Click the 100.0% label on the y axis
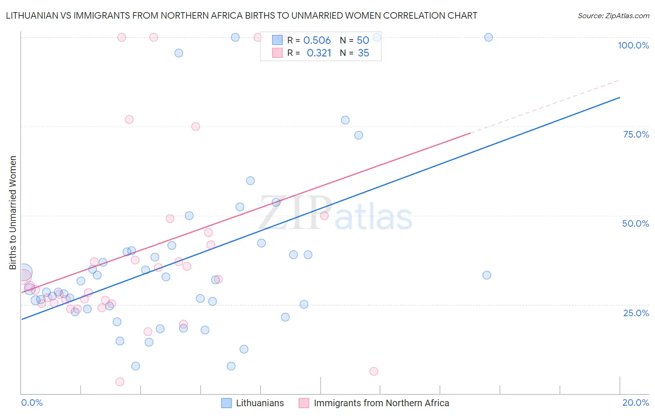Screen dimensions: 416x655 tap(633, 45)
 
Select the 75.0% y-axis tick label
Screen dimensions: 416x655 tap(636, 134)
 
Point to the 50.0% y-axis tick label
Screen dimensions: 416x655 tap(635, 223)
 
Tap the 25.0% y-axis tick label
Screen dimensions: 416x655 tap(636, 313)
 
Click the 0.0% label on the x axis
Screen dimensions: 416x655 tap(32, 402)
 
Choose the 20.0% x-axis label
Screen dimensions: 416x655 tap(635, 402)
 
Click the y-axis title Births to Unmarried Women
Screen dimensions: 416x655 tap(13, 213)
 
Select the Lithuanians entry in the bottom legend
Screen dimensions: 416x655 tap(259, 403)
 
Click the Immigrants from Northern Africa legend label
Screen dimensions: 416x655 tap(381, 403)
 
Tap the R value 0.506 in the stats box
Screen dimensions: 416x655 tap(317, 41)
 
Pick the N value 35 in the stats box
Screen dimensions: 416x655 tap(363, 53)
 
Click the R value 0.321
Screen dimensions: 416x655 tap(319, 53)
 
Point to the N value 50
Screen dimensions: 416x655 tap(363, 41)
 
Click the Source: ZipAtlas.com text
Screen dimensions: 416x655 tap(613, 16)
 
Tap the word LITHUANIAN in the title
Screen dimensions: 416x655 tap(32, 15)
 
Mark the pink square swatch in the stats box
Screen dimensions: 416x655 tap(277, 53)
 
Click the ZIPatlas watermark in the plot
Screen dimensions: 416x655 tap(336, 214)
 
